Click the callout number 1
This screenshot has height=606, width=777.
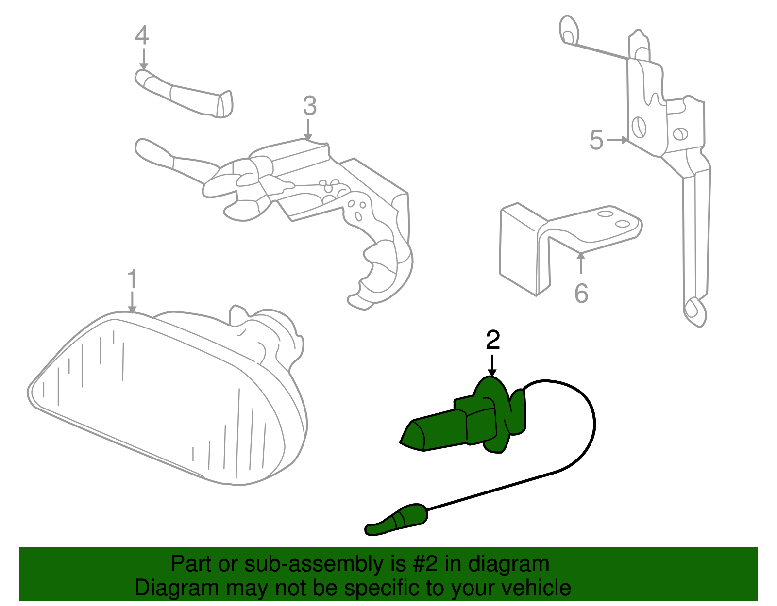point(132,280)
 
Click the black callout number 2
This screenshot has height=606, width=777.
point(492,340)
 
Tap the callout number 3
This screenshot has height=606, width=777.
point(309,106)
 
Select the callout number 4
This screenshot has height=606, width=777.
point(142,36)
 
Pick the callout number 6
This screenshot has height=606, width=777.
point(581,293)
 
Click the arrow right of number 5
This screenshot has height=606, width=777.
point(618,140)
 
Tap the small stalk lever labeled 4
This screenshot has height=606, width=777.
point(185,95)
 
